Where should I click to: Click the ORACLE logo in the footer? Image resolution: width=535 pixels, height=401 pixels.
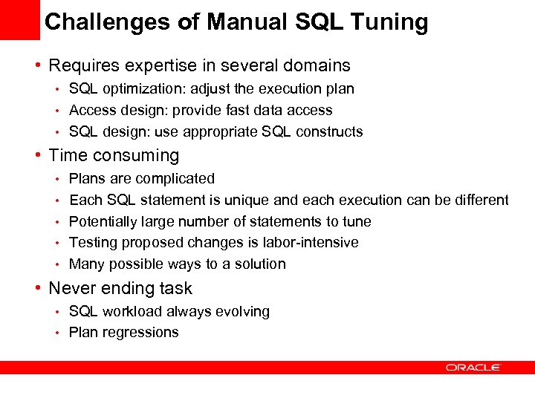(473, 367)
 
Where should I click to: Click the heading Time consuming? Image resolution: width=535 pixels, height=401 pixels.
(114, 155)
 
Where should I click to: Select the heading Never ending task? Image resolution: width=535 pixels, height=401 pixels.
(120, 288)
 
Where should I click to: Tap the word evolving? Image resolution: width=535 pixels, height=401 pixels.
(241, 311)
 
